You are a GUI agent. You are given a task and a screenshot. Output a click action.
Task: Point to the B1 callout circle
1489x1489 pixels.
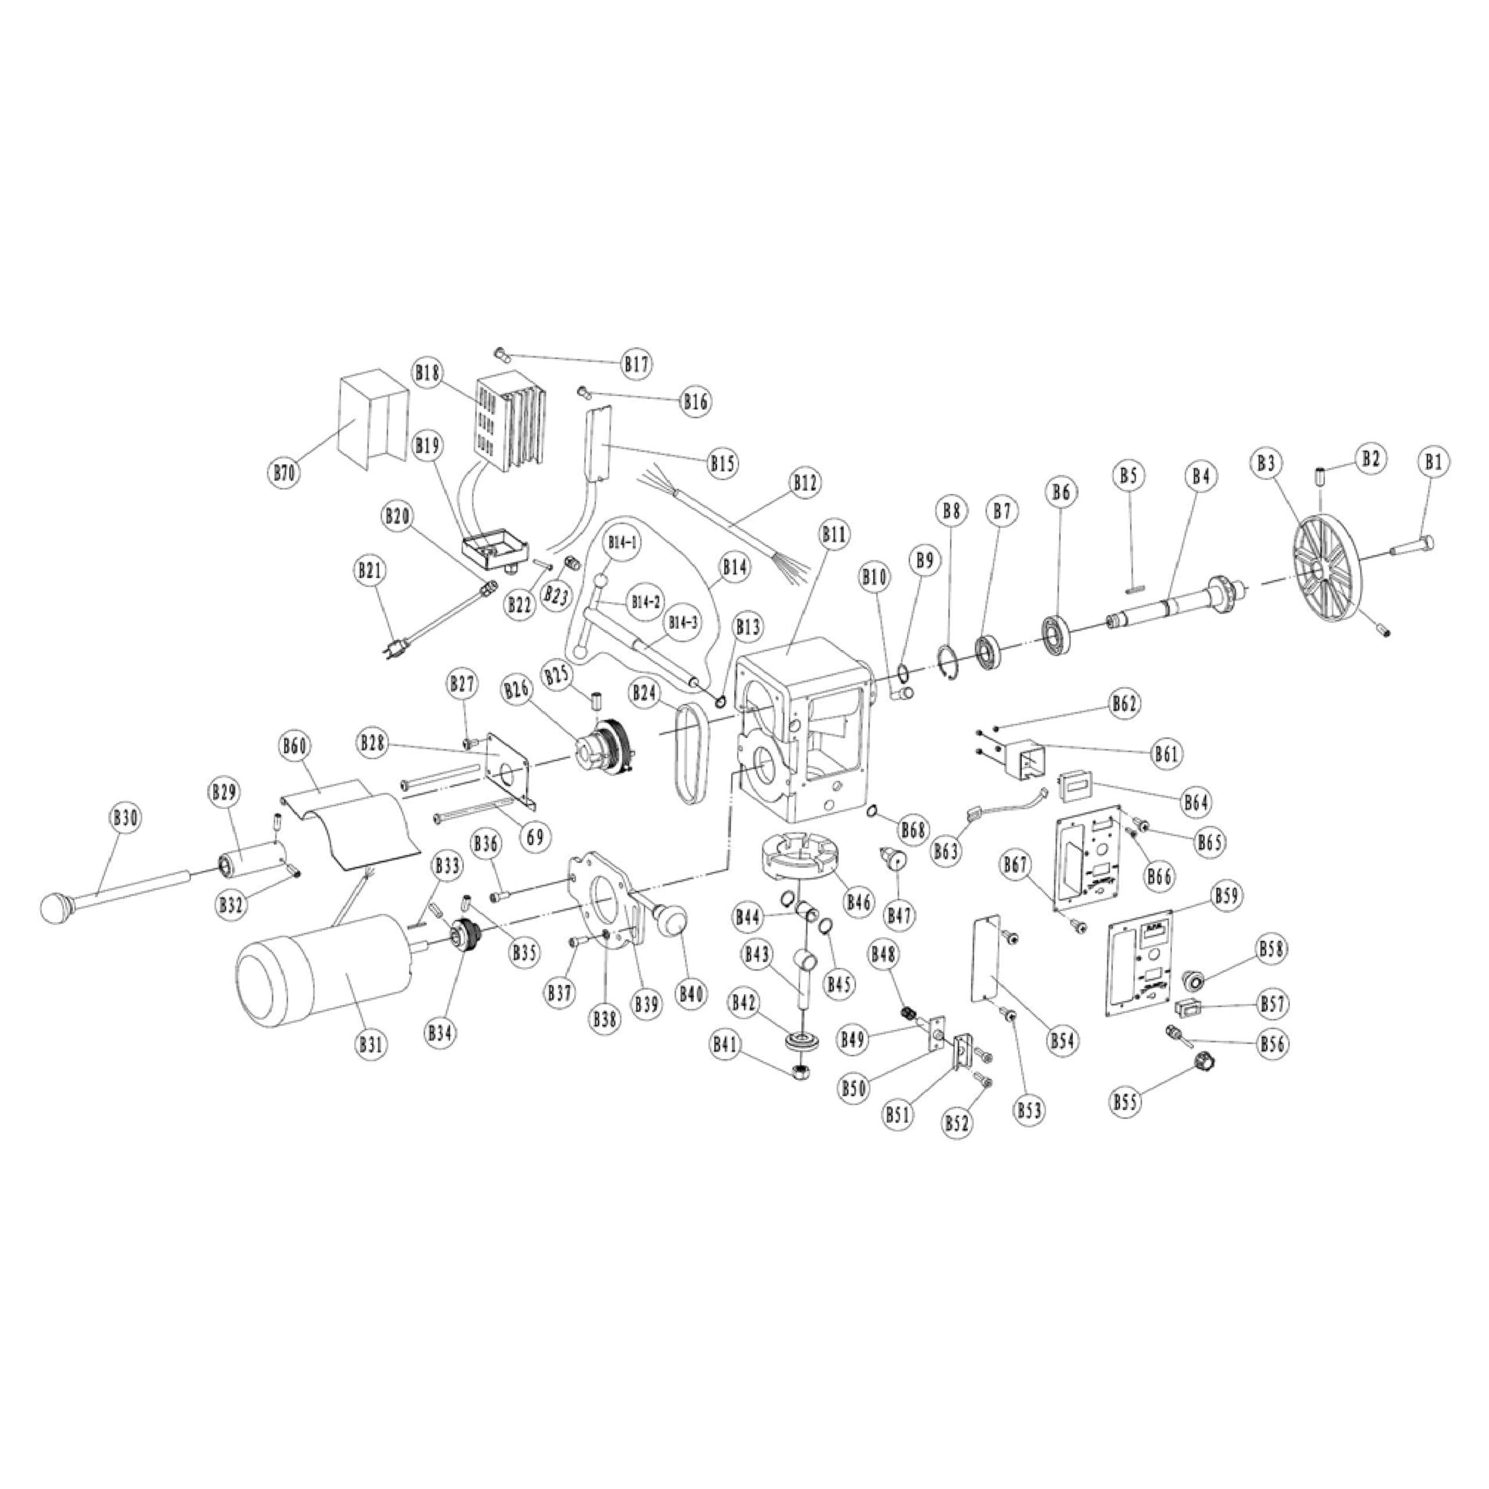[1433, 462]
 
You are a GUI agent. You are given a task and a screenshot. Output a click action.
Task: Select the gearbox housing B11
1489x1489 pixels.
[802, 740]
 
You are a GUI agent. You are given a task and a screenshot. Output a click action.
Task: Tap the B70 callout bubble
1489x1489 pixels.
[284, 472]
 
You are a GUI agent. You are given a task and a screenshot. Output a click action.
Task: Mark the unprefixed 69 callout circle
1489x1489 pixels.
[535, 836]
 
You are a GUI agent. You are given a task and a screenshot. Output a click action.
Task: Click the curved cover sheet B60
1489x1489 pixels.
[351, 823]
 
